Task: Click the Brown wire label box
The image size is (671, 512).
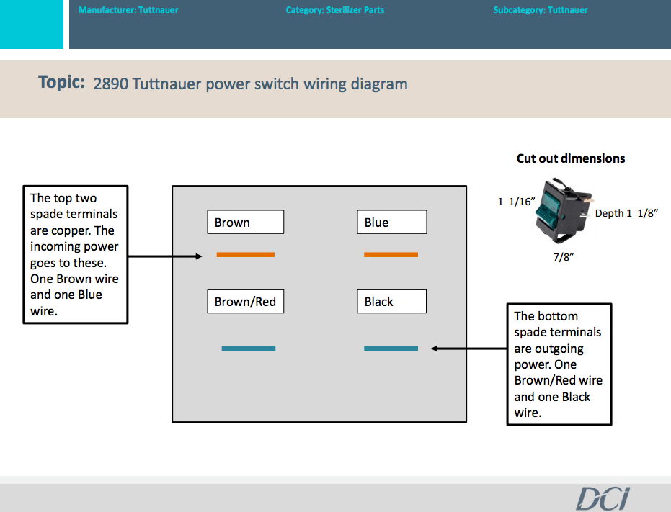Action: click(x=245, y=222)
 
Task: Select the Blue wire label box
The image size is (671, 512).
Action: click(x=391, y=222)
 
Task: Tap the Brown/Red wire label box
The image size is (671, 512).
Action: click(x=245, y=302)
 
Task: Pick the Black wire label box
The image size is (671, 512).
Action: click(x=391, y=302)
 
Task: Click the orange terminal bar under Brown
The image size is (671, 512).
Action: click(x=246, y=255)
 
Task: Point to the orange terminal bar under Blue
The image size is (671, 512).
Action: click(x=391, y=255)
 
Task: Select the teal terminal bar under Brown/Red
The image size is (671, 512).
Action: click(x=249, y=349)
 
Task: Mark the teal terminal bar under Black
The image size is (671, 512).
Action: click(x=391, y=349)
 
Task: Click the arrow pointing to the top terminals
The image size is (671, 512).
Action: click(x=165, y=256)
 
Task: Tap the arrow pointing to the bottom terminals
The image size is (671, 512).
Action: click(x=469, y=349)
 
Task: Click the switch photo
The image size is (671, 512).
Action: click(x=564, y=211)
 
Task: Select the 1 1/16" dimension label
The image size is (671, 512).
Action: click(x=516, y=202)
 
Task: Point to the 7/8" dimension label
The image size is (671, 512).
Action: click(x=563, y=257)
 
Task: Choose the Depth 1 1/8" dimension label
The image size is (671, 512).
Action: click(x=626, y=213)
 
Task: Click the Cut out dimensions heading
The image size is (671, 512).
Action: click(x=571, y=158)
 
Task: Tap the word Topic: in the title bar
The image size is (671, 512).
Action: click(x=62, y=82)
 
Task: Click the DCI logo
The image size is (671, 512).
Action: click(x=603, y=498)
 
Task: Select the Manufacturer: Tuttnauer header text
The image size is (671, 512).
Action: click(x=128, y=10)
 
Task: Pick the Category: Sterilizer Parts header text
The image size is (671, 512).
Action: click(x=335, y=10)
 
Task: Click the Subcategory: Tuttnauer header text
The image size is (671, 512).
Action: click(x=541, y=10)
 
